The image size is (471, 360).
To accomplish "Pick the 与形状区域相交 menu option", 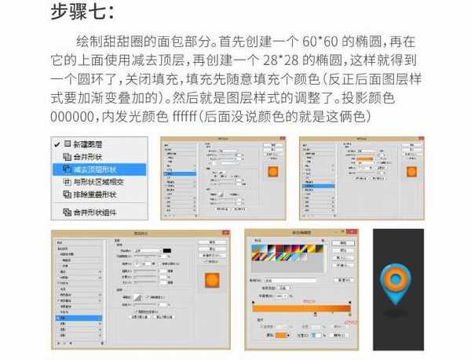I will point(97,181).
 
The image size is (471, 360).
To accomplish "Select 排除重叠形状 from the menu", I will point(95,194).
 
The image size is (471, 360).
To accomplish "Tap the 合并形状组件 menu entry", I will point(95,211).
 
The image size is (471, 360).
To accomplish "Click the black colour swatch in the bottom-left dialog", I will point(166,251).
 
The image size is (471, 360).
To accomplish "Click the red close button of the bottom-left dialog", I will point(228,233).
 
